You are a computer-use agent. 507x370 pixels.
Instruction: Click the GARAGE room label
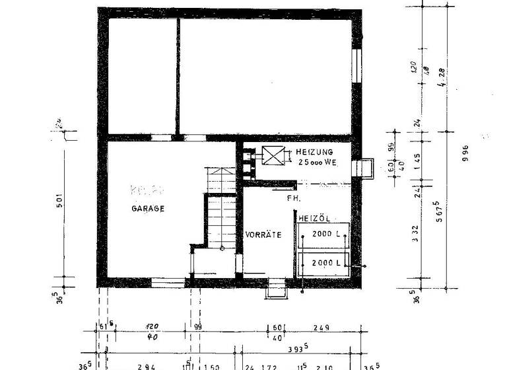click(147, 209)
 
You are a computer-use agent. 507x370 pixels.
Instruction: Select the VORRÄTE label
click(263, 235)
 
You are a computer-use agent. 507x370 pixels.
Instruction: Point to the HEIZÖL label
click(314, 217)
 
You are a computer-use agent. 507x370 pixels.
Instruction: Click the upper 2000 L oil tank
click(323, 235)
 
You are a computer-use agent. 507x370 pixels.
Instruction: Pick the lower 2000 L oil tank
click(323, 262)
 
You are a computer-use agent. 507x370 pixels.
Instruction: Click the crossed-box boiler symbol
click(272, 157)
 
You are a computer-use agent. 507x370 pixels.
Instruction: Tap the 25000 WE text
click(318, 162)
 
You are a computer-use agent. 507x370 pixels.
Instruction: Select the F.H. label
click(294, 198)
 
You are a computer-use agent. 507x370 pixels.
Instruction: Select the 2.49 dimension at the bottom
click(321, 328)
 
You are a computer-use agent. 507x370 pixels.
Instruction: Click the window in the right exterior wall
click(358, 65)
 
